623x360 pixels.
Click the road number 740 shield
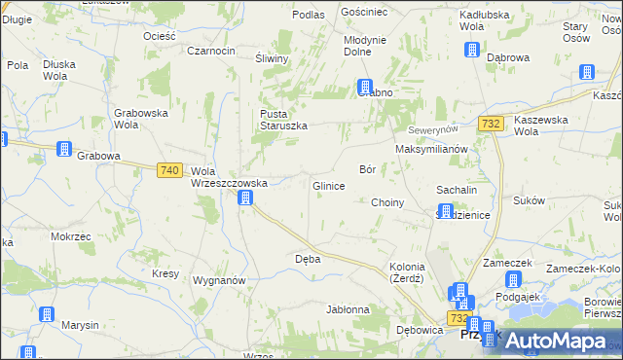pos(169,169)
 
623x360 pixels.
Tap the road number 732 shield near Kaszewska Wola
pos(491,123)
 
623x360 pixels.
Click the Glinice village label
pos(328,186)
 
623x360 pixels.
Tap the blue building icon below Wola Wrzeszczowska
pos(246,198)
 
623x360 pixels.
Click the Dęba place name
pos(308,260)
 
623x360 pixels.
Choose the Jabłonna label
pos(348,310)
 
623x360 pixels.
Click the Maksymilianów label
pos(432,149)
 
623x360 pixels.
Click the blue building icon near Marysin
pos(46,314)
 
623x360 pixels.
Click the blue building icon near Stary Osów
pos(587,72)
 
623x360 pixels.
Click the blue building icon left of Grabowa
pos(64,149)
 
